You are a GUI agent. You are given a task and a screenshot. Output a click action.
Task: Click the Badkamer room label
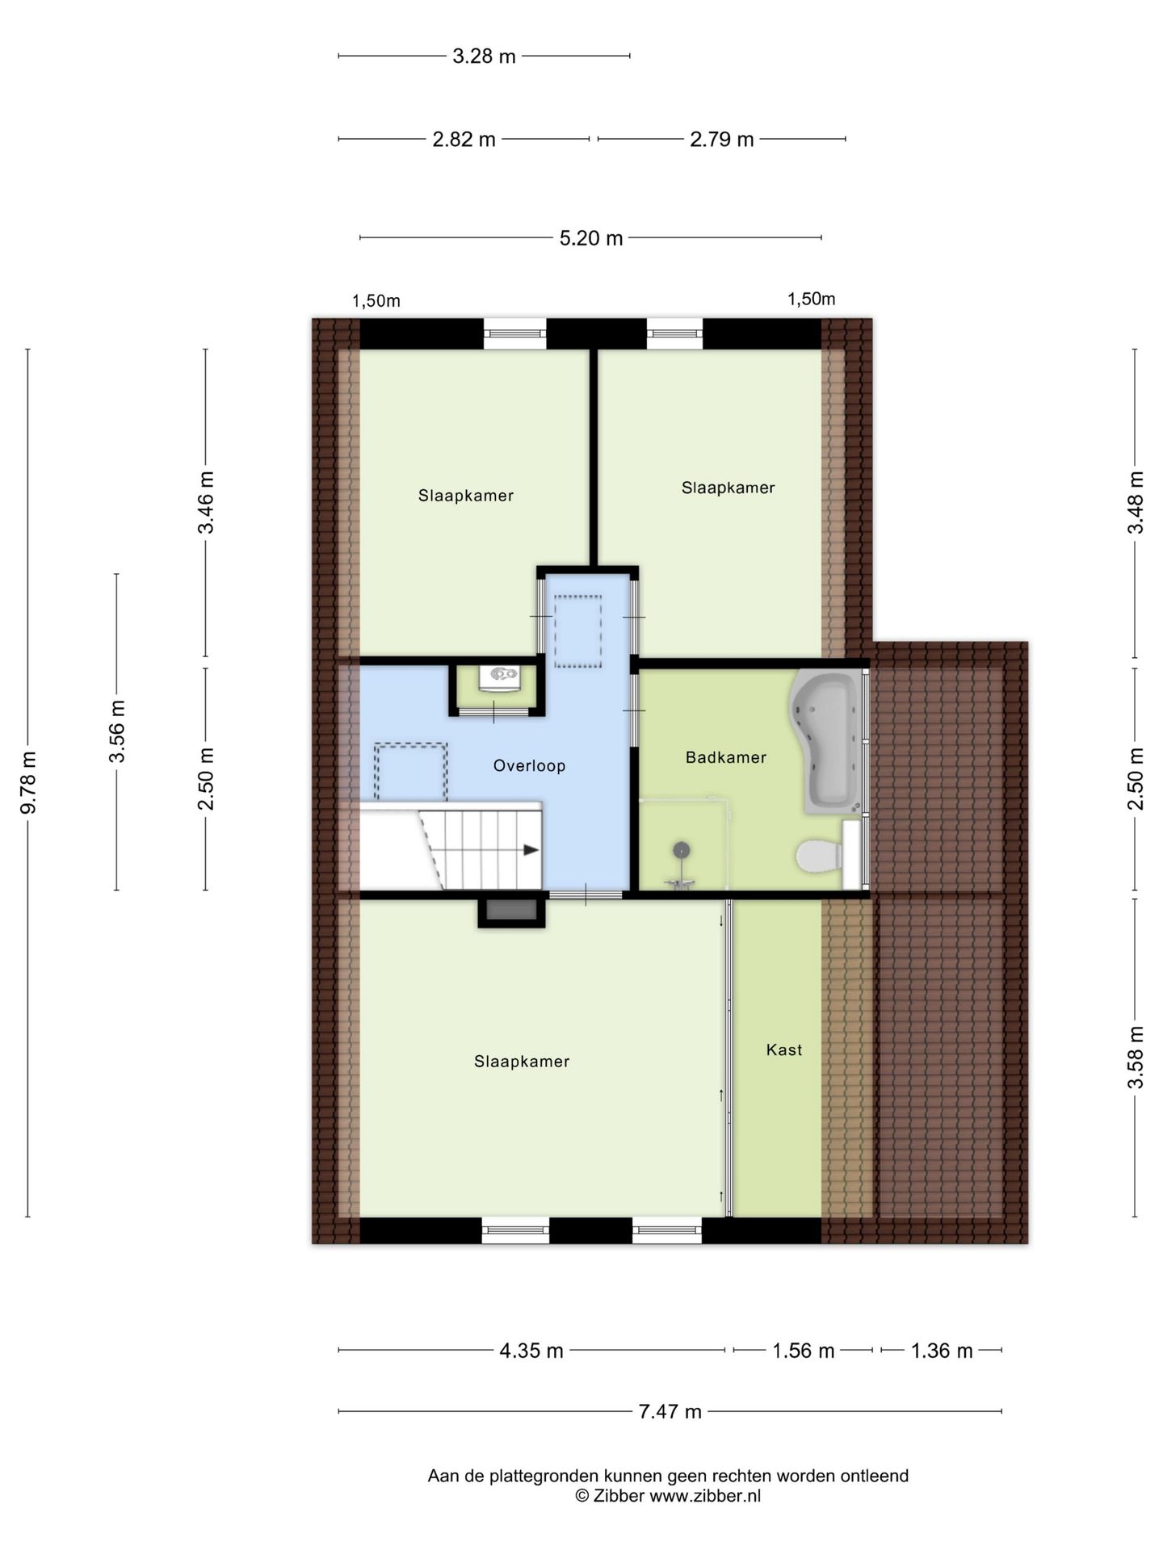[x=725, y=757]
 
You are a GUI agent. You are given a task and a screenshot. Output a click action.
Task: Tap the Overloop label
[x=529, y=765]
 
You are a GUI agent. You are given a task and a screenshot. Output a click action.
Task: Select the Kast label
[x=784, y=1049]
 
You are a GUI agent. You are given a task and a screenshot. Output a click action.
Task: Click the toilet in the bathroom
[x=819, y=857]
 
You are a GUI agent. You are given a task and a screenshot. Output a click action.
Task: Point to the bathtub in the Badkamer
[x=828, y=740]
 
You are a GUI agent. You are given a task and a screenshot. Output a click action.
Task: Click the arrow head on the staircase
[x=531, y=849]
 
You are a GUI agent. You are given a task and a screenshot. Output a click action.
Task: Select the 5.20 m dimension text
[x=591, y=238]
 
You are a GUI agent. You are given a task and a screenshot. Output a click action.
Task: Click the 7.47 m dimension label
[x=670, y=1411]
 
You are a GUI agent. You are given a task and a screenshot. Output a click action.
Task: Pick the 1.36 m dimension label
[x=942, y=1351]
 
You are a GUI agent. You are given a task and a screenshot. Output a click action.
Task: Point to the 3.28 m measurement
[x=484, y=57]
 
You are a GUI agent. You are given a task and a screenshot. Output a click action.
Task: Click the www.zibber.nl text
[x=705, y=1495]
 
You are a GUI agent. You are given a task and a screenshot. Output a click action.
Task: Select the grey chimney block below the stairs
[x=511, y=911]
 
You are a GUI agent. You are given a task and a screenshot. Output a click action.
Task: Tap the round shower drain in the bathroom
[x=682, y=849]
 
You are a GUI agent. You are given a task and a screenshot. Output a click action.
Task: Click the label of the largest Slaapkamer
[x=522, y=1062]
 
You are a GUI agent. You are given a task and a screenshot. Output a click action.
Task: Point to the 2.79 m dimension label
[x=721, y=140]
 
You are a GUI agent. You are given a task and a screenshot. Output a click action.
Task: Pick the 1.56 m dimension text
[x=803, y=1351]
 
